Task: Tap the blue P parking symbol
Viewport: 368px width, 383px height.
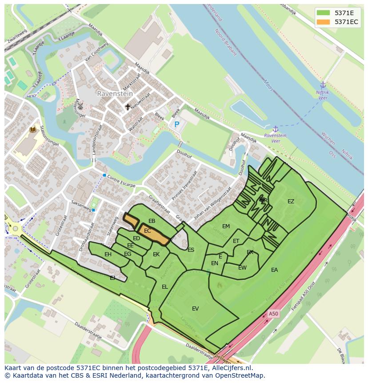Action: click(176, 125)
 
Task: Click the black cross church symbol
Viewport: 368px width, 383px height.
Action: click(128, 107)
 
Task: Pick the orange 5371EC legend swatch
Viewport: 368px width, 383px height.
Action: click(324, 22)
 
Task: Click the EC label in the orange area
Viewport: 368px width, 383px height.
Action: click(148, 231)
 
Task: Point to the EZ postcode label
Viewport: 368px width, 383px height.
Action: click(291, 202)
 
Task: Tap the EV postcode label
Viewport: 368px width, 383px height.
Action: click(195, 309)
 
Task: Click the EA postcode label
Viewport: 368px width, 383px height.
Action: click(274, 270)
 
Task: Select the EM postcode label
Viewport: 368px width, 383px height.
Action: click(226, 226)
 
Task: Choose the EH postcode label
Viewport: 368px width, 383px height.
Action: click(108, 254)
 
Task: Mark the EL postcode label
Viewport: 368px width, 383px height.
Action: click(165, 287)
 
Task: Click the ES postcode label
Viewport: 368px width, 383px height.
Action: click(191, 250)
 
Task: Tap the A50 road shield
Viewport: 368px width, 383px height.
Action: click(273, 314)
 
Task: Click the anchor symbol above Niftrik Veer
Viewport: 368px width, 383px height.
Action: click(323, 85)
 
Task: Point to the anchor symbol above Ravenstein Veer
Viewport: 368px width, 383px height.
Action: click(275, 129)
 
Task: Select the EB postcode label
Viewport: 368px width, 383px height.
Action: click(152, 221)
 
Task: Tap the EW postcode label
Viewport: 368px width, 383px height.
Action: click(242, 268)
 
